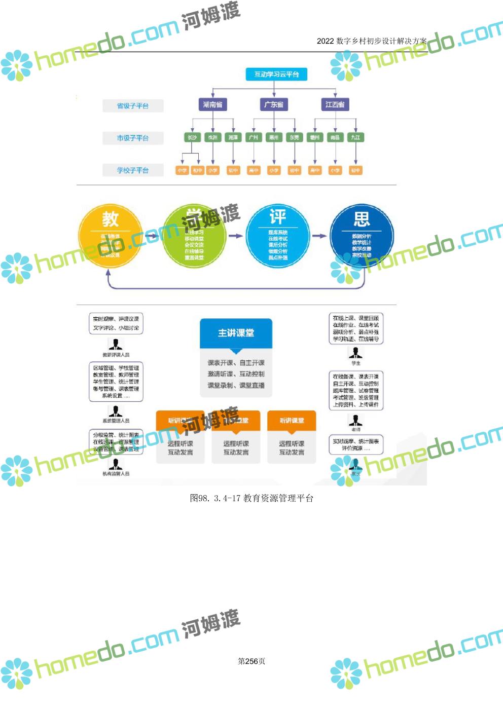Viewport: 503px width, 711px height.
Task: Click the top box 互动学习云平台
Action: (276, 74)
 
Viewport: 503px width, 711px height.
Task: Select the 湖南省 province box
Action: (212, 104)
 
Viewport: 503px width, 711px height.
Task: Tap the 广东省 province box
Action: (274, 104)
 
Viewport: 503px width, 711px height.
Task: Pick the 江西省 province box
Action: (335, 104)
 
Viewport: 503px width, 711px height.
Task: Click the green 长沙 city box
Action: (192, 137)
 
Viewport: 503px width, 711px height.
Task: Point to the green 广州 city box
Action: (254, 137)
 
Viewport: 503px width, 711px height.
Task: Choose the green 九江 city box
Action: (355, 137)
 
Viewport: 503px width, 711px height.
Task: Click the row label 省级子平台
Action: (133, 106)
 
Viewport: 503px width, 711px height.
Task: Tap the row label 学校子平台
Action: (133, 170)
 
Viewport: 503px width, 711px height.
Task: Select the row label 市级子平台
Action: (133, 138)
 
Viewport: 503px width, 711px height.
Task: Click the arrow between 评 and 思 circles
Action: (319, 236)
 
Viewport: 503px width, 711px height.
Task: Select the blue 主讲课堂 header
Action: (236, 333)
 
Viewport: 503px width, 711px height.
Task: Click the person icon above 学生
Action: (355, 353)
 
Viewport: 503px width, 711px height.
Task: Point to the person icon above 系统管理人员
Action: (116, 411)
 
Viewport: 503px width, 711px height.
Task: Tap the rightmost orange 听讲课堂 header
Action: (292, 421)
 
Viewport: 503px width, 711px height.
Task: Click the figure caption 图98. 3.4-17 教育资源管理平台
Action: (251, 498)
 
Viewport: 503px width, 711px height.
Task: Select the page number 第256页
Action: (251, 661)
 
